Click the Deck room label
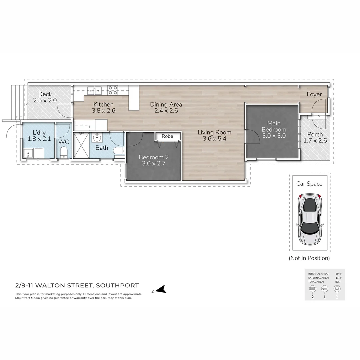tap(45, 94)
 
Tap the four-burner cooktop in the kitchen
tap(113, 90)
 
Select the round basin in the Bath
tap(97, 137)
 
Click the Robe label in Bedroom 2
tap(167, 136)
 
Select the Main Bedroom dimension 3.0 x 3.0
tap(274, 136)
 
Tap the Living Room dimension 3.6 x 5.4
tap(214, 139)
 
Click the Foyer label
tap(314, 94)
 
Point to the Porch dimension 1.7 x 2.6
tap(315, 141)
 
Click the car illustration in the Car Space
tap(310, 218)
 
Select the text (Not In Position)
tap(309, 258)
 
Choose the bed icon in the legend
tap(312, 289)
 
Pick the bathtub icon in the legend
tap(324, 289)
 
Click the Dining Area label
tap(166, 104)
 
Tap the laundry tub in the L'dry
tap(28, 154)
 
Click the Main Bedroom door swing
tap(252, 137)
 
